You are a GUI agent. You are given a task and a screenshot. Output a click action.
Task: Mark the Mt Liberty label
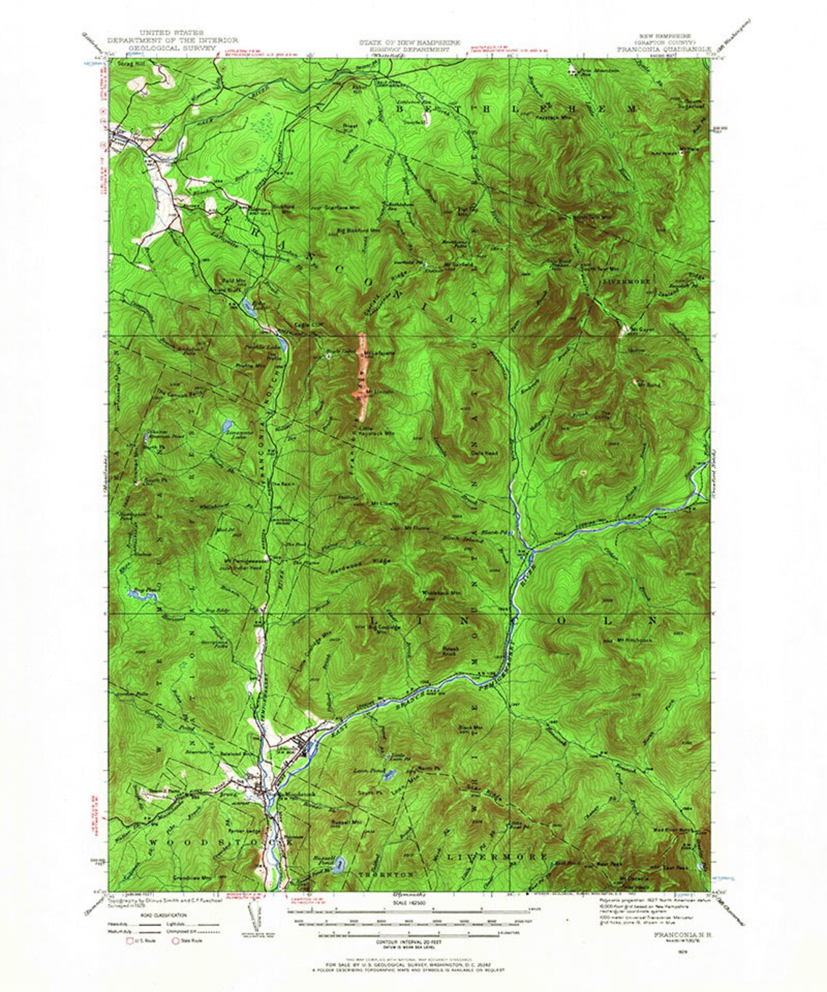(382, 502)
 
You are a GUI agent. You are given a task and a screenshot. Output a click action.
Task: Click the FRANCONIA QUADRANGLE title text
(664, 50)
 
